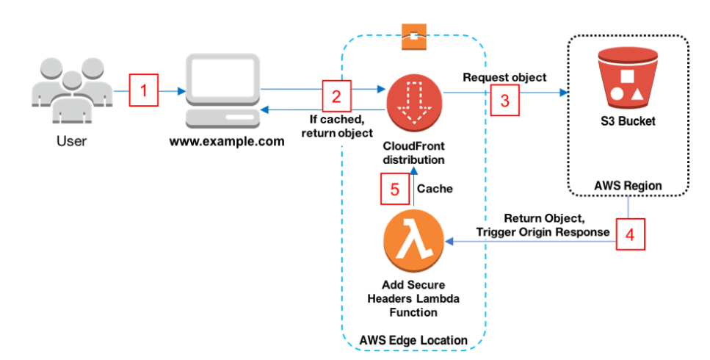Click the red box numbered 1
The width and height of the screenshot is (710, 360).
tap(144, 91)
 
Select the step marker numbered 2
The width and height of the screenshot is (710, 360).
tap(336, 96)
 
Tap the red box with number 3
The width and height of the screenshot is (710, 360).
tap(504, 101)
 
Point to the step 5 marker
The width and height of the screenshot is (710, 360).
tap(394, 189)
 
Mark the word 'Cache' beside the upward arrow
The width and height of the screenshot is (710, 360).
tap(435, 189)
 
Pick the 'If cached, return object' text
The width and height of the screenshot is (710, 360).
tap(336, 126)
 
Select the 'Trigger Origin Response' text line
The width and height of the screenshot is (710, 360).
tap(542, 232)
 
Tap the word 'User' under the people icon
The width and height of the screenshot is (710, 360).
tap(71, 141)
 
